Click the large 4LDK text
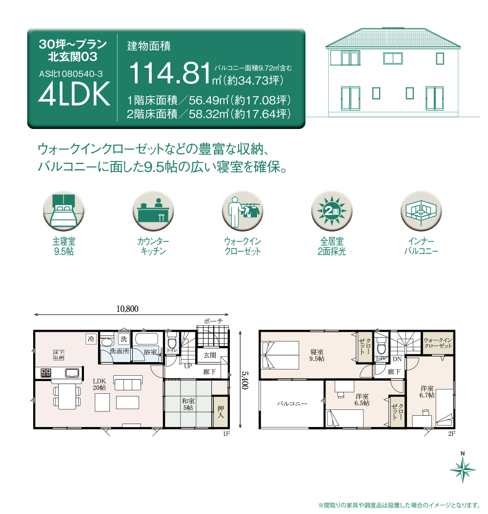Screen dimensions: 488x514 click(x=74, y=94)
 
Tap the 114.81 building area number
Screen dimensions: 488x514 click(x=170, y=73)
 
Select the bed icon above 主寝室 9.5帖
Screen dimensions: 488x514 click(x=64, y=211)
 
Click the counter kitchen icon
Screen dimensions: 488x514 click(x=153, y=211)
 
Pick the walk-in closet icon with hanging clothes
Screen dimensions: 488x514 click(x=243, y=211)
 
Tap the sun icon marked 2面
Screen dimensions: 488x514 click(x=332, y=211)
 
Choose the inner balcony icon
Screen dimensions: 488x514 click(x=421, y=211)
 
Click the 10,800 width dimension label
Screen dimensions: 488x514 click(x=127, y=309)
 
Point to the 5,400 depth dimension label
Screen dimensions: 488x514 click(x=245, y=380)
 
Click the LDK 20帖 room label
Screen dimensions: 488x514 click(x=99, y=384)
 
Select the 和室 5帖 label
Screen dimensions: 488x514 click(x=188, y=404)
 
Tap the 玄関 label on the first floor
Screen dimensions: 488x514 click(x=210, y=355)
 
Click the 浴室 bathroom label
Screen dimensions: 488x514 click(x=150, y=352)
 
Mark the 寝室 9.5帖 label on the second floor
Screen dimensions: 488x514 click(x=317, y=355)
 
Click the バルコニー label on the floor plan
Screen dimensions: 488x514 click(x=292, y=404)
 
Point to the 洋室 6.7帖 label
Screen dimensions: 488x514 click(x=427, y=392)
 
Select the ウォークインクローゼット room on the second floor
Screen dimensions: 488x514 click(x=438, y=343)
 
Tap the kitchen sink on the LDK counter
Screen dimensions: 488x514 click(x=72, y=373)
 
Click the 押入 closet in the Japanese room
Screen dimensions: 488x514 click(x=221, y=412)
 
